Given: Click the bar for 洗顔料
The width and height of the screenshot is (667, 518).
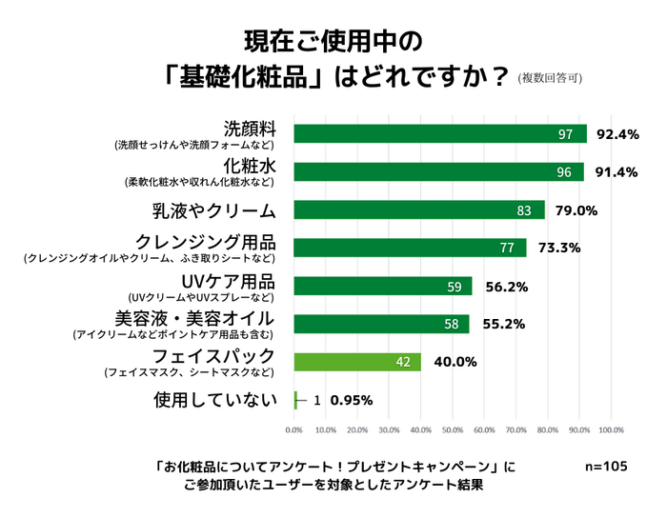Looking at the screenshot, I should coord(440,134).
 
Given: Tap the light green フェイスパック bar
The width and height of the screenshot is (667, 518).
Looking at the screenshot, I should coord(357,362).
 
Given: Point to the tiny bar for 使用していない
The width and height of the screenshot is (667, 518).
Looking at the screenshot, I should coord(295,400).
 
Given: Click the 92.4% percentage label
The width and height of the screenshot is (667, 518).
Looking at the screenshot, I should coord(616,134).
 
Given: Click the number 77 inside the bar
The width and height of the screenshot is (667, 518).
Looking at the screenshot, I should coord(508,249).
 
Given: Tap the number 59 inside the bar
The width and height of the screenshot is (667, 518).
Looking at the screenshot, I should coord(454,287).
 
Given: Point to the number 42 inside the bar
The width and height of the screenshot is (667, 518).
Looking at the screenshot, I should coord(402,362).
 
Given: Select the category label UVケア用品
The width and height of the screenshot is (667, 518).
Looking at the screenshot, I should coord(228,281).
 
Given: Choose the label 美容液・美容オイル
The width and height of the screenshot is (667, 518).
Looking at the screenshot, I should coord(194,317).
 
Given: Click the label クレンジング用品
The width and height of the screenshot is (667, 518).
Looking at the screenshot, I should coord(205,241).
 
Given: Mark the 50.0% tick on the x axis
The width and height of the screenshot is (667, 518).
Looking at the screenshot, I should coord(453,429).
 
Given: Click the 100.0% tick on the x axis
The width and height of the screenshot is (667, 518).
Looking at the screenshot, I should coord(610,429).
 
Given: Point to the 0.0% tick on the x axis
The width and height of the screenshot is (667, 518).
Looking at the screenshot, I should coord(294,429).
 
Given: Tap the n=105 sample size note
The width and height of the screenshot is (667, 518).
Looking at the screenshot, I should coord(605,467).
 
